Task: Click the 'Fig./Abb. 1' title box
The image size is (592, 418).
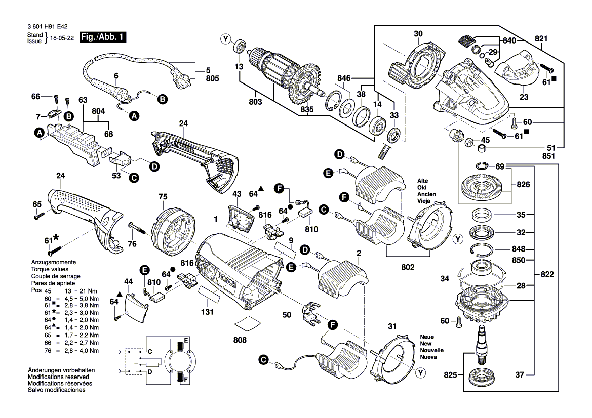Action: click(104, 37)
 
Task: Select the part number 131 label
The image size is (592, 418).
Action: click(206, 313)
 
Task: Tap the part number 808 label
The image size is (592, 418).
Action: click(240, 340)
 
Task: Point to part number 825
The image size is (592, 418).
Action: click(450, 375)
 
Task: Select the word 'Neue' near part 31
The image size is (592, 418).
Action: click(426, 337)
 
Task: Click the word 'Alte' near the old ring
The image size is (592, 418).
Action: click(423, 181)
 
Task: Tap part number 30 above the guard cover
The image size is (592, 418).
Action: click(418, 34)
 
